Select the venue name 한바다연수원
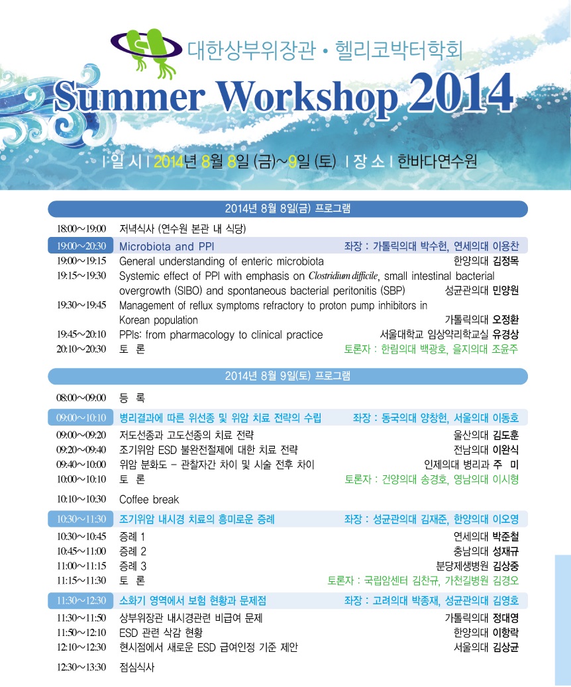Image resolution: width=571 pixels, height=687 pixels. click(x=437, y=161)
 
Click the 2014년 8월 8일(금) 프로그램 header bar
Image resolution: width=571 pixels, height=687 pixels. click(x=287, y=208)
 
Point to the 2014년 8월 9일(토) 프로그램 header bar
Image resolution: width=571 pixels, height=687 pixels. click(x=287, y=376)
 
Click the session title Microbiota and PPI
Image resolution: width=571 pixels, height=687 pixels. click(x=167, y=246)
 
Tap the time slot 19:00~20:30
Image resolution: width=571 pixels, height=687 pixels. click(x=81, y=246)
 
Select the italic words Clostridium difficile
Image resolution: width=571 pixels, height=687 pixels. click(x=343, y=275)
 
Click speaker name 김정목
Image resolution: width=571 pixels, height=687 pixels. click(x=505, y=261)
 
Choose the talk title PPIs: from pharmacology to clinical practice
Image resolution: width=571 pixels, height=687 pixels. click(x=221, y=335)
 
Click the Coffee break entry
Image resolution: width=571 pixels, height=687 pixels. click(x=149, y=500)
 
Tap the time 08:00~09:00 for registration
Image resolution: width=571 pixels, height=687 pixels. click(x=81, y=398)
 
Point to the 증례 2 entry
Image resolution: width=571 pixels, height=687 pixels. click(x=132, y=551)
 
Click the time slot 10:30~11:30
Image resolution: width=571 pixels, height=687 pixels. click(x=81, y=519)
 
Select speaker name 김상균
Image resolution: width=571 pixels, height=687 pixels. click(x=505, y=647)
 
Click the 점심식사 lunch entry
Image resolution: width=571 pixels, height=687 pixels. click(x=137, y=667)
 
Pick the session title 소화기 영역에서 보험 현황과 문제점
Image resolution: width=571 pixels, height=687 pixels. click(x=193, y=600)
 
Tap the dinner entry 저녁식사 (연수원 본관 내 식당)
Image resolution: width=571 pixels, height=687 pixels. click(x=182, y=228)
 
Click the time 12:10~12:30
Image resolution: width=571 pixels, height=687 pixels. click(x=81, y=647)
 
